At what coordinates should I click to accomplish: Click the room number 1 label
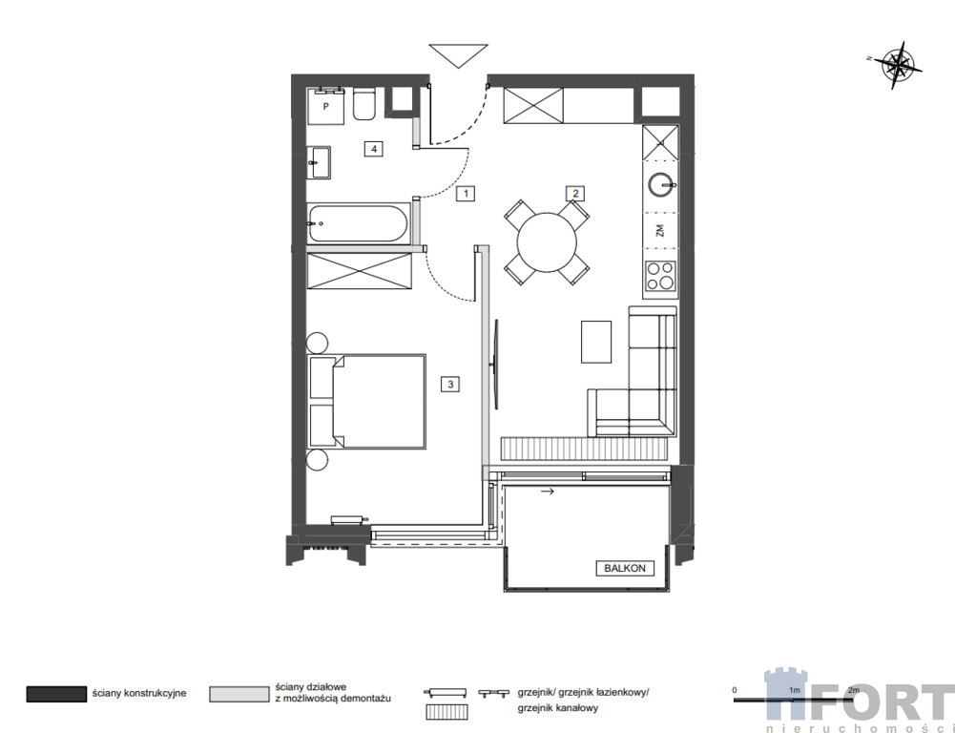(x=466, y=194)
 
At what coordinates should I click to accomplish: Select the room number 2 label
(x=575, y=194)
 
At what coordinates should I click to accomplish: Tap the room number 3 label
(x=450, y=384)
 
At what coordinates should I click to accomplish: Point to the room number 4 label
(x=374, y=149)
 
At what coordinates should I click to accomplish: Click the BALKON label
(x=625, y=568)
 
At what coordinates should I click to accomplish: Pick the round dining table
(x=547, y=241)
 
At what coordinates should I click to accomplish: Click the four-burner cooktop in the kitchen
(x=661, y=276)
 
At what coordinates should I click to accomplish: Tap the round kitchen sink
(x=661, y=184)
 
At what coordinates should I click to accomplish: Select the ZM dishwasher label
(x=659, y=230)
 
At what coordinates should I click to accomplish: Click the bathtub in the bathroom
(x=358, y=223)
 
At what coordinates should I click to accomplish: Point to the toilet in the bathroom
(x=364, y=104)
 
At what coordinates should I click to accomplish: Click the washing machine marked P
(x=325, y=106)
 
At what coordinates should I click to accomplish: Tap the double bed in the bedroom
(x=367, y=402)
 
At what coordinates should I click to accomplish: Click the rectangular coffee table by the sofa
(x=595, y=342)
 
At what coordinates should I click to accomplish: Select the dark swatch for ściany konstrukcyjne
(x=56, y=694)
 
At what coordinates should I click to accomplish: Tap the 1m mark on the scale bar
(x=794, y=690)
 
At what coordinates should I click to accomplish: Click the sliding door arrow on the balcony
(x=548, y=492)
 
